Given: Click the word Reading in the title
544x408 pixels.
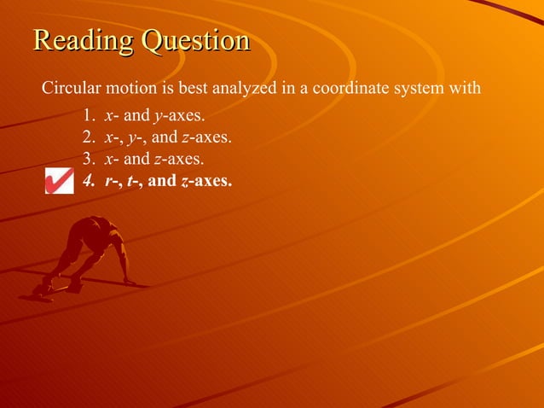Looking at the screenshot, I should [83, 41].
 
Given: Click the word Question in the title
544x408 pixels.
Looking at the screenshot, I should [195, 41].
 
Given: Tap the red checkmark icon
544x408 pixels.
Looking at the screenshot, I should [59, 180].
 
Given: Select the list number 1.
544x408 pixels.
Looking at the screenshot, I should [88, 115].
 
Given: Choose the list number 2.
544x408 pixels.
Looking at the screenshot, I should [88, 137].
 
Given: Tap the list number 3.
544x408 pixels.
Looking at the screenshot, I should [88, 158].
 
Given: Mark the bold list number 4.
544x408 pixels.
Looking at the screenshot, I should [88, 180].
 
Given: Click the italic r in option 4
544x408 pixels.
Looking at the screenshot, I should [107, 180].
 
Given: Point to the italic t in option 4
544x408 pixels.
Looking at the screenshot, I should [130, 180].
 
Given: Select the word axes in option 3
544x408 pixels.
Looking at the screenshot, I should [185, 158].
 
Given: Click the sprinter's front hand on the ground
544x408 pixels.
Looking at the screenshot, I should [129, 281].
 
